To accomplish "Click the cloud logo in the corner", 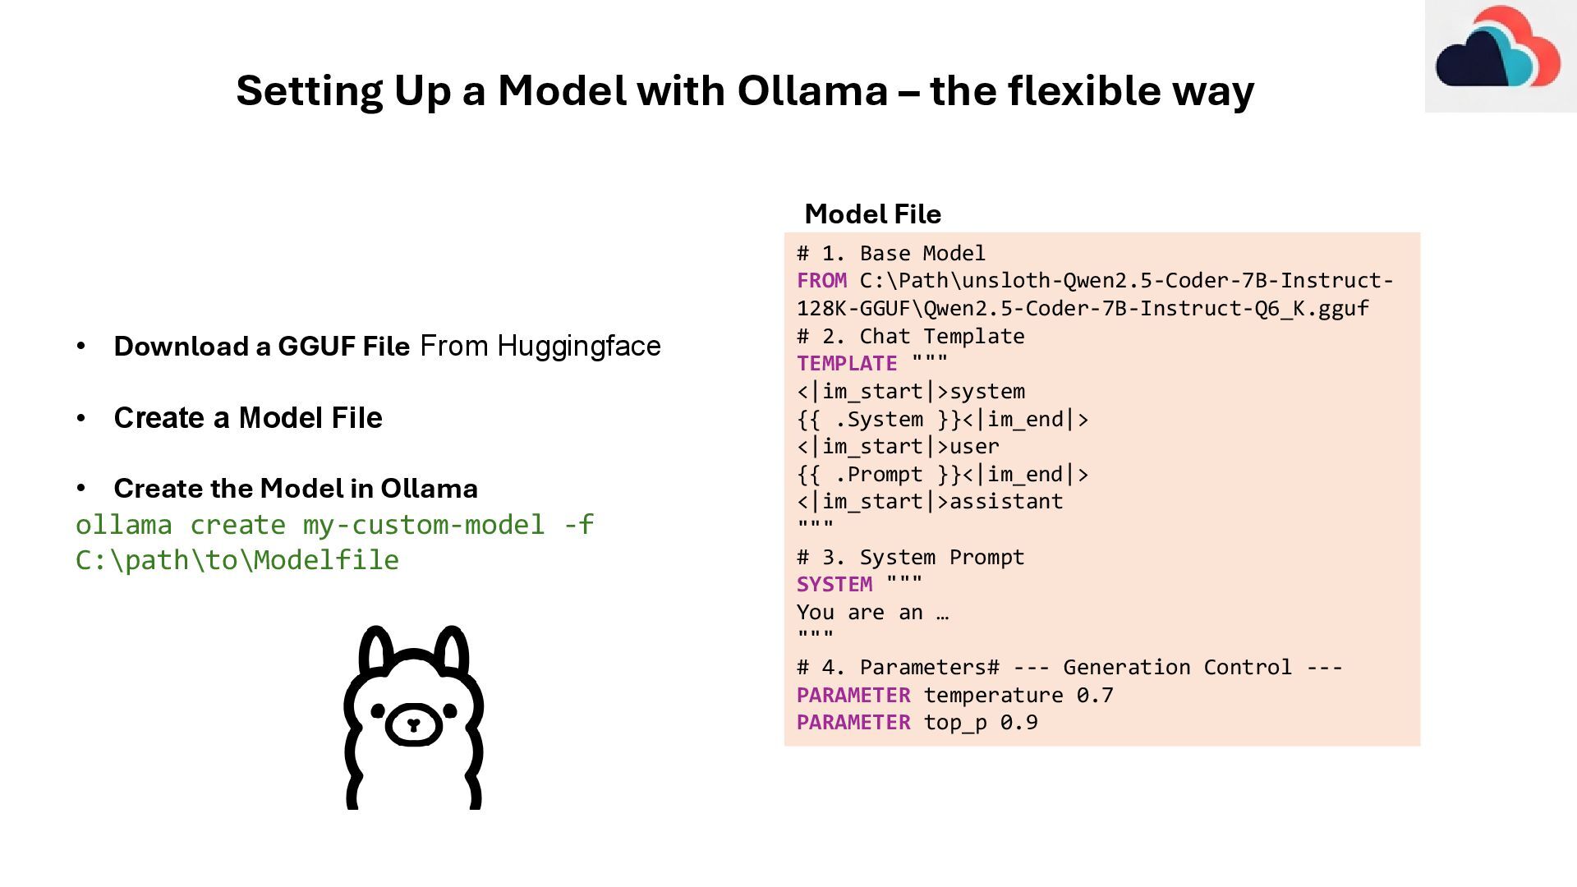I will [x=1497, y=51].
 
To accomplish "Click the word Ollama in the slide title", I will [x=812, y=90].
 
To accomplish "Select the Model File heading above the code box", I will [x=872, y=214].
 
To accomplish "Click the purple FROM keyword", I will [x=821, y=281].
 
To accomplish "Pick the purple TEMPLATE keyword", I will [x=847, y=364].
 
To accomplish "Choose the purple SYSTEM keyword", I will [x=834, y=585].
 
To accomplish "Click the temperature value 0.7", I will [x=1095, y=696].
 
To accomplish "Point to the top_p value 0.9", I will [x=1018, y=723].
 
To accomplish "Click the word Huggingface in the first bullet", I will [x=578, y=347].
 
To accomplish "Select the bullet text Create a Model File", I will [x=248, y=418].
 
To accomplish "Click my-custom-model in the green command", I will [x=424, y=525].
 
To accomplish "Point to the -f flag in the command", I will [x=578, y=525].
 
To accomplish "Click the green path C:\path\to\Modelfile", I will [x=237, y=560].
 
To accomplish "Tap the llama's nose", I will [x=413, y=724].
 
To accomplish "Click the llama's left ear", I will [x=377, y=653].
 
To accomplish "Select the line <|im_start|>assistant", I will [x=930, y=502].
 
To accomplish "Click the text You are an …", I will [x=872, y=613].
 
